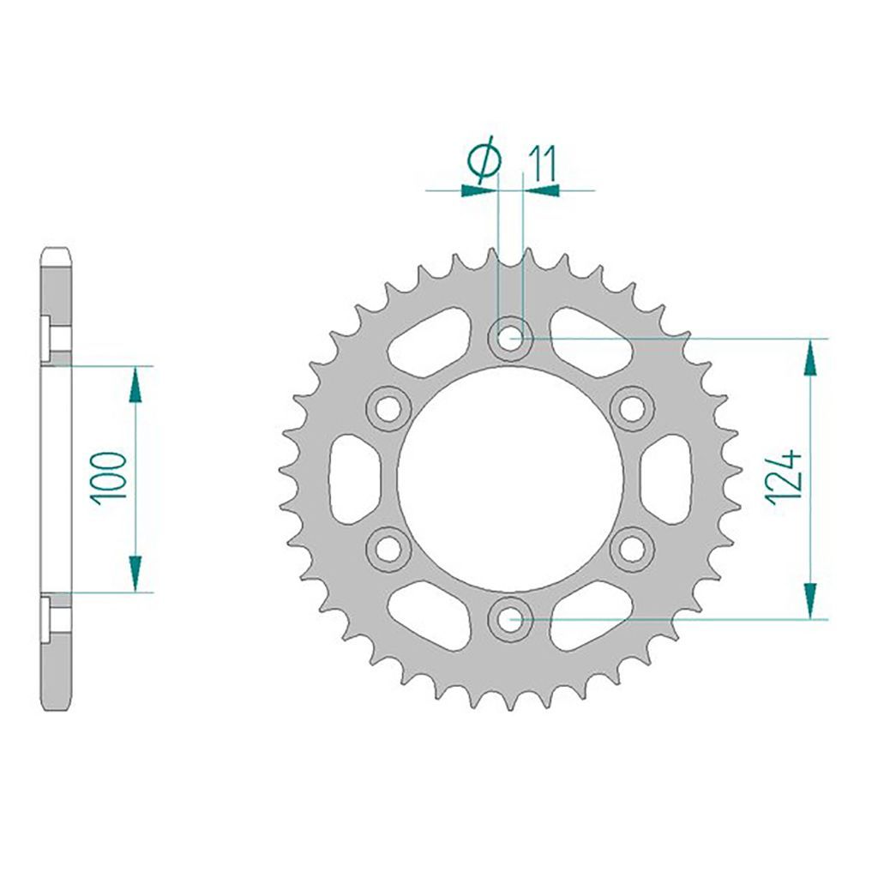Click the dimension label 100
coord(110,478)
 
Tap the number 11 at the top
coord(540,165)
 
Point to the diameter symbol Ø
coord(484,159)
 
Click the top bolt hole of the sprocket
coord(510,338)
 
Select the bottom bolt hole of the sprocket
coord(510,619)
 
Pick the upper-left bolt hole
coord(388,409)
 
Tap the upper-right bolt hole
coord(632,409)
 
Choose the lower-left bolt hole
coord(388,550)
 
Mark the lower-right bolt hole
coord(632,550)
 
